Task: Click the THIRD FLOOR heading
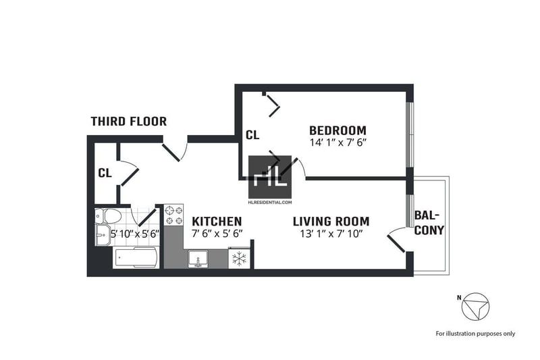[x=129, y=122]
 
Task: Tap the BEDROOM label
[x=338, y=130]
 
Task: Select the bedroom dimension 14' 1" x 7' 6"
[x=337, y=143]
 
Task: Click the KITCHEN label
[x=217, y=221]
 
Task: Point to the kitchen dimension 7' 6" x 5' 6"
[x=217, y=234]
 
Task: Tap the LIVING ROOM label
[x=331, y=221]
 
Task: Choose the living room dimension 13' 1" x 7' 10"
[x=331, y=234]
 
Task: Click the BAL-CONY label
[x=429, y=223]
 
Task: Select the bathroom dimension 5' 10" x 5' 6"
[x=135, y=234]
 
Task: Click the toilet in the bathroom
[x=109, y=216]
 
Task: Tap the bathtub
[x=136, y=257]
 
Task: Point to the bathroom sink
[x=103, y=235]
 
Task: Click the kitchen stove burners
[x=174, y=215]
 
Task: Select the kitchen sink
[x=198, y=259]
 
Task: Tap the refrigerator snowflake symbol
[x=239, y=259]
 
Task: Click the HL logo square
[x=270, y=177]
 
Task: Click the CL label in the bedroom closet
[x=252, y=135]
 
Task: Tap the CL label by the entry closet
[x=105, y=173]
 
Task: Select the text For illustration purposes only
[x=476, y=334]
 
